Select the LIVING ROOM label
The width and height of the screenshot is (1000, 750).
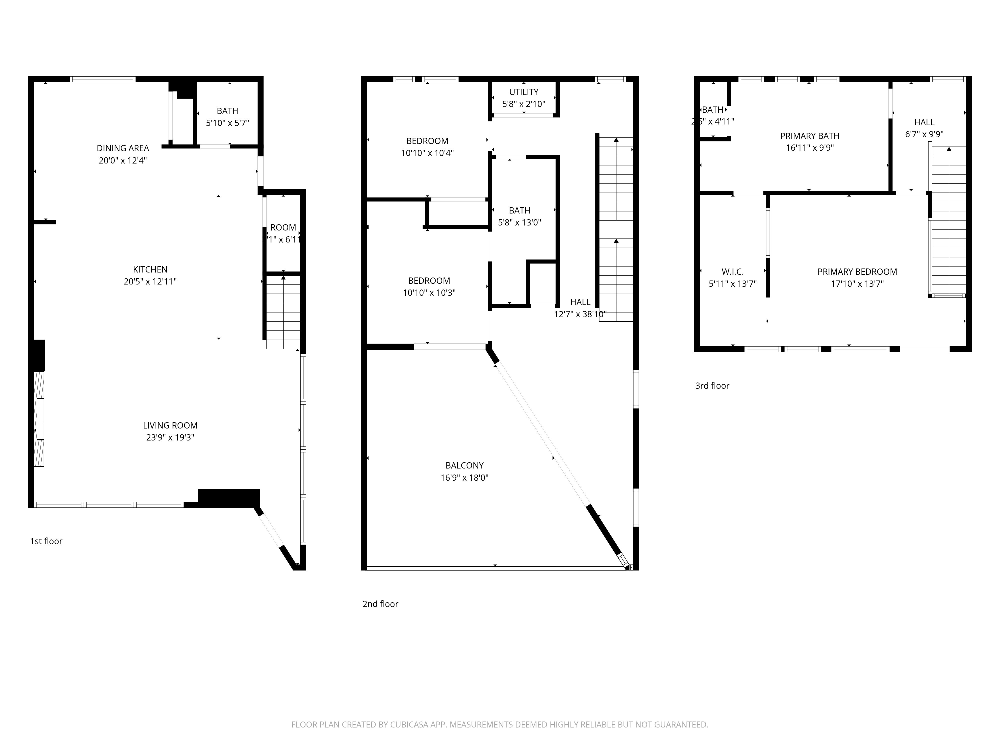(170, 425)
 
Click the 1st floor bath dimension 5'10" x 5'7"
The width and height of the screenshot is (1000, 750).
(227, 123)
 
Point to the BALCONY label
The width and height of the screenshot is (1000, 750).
(464, 466)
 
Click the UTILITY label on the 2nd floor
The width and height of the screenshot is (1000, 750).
(523, 92)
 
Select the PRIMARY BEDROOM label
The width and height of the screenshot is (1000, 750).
(857, 272)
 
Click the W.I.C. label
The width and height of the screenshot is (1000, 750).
(732, 272)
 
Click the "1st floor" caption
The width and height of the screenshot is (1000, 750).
(46, 541)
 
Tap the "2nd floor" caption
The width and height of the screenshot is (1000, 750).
(380, 604)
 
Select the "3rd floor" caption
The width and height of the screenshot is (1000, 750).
(712, 385)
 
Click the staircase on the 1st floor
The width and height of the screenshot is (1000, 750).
(283, 312)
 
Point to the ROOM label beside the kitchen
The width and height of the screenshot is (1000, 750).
(283, 227)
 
